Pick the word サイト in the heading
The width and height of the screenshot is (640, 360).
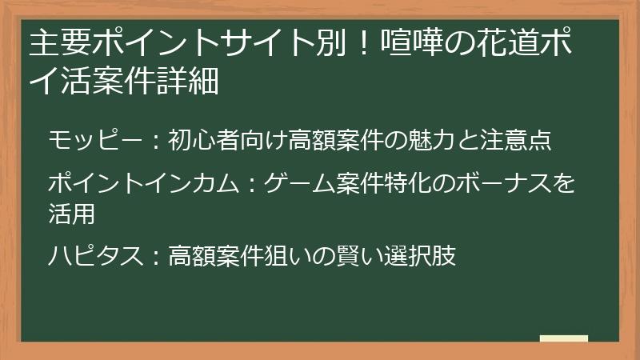(x=258, y=43)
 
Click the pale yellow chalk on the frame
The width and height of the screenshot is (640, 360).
(x=563, y=338)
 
